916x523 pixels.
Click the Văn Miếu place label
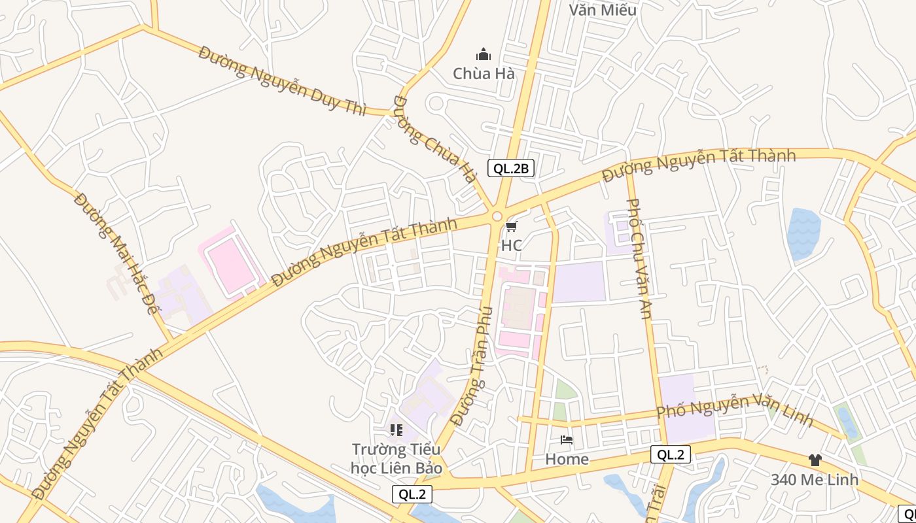(603, 10)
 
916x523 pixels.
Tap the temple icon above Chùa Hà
(484, 54)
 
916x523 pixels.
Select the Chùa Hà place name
(484, 73)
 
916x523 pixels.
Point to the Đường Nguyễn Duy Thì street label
(282, 80)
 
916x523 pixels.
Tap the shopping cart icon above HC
(511, 226)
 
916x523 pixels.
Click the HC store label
(511, 245)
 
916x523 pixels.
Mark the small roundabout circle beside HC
(497, 216)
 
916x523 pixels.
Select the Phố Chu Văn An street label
(639, 259)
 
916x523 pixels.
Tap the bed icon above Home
(567, 440)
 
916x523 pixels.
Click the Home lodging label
(567, 459)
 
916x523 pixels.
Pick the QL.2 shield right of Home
(671, 455)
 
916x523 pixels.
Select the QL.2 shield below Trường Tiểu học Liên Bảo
(412, 494)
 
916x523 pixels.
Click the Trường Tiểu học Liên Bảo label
(396, 459)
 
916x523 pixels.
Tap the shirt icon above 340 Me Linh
(815, 460)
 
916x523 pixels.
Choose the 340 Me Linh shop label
(815, 479)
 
